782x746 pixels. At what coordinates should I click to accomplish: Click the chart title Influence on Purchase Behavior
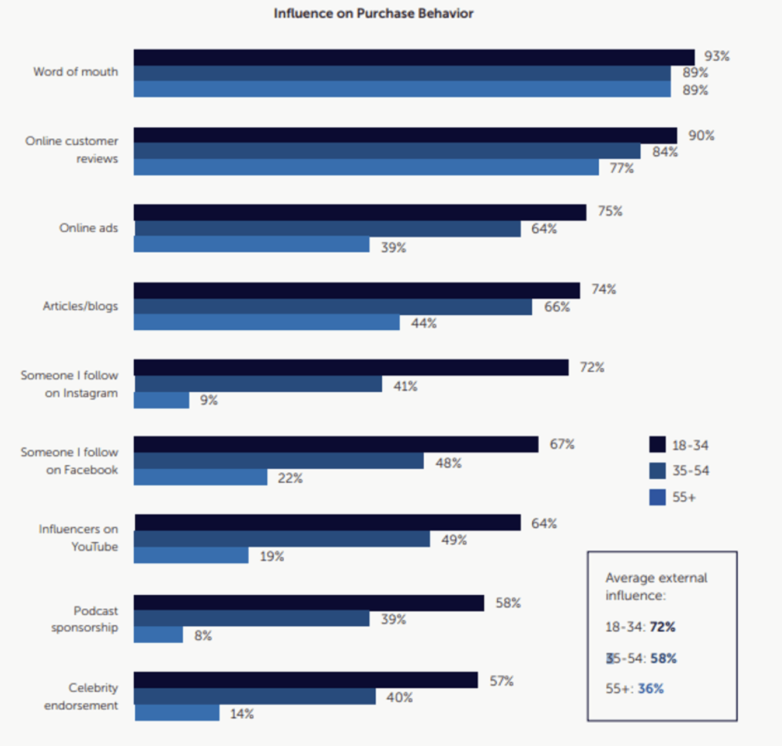pos(373,13)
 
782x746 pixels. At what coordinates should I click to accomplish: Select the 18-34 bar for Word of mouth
pos(414,57)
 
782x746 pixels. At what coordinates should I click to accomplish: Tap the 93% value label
pos(717,56)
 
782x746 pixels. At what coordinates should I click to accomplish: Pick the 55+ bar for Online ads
pos(252,245)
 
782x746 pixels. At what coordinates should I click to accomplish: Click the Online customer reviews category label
pos(72,149)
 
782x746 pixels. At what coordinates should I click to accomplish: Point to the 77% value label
pos(622,168)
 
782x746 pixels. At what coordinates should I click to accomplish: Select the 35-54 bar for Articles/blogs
pos(333,306)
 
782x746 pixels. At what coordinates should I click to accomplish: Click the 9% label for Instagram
pos(208,400)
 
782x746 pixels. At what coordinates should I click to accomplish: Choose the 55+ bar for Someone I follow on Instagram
pos(162,400)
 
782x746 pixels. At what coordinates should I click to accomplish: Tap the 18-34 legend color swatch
pos(657,445)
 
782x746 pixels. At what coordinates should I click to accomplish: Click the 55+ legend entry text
pos(684,497)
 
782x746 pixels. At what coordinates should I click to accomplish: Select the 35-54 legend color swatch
pos(657,470)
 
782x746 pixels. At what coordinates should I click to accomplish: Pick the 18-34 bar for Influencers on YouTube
pos(327,522)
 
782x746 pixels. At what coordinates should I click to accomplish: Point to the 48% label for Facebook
pos(448,463)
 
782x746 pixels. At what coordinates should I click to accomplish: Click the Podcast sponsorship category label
pos(85,619)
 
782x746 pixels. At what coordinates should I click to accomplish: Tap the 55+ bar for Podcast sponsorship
pos(158,635)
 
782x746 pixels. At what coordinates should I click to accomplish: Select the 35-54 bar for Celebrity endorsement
pos(255,696)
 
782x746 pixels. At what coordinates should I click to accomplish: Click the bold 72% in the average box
pos(662,627)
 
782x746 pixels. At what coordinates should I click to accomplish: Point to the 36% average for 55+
pos(651,689)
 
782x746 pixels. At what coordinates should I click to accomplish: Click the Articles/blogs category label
pos(80,306)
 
